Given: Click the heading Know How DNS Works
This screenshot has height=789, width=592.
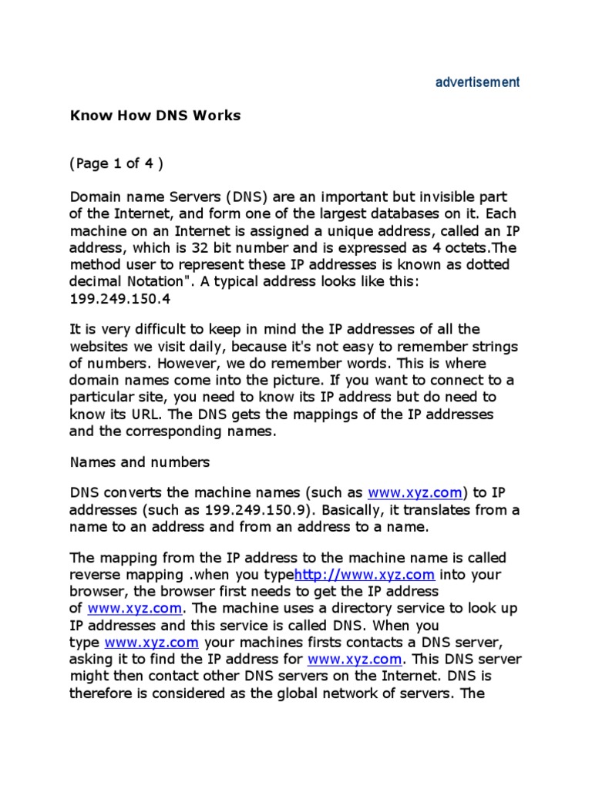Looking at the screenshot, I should tap(156, 116).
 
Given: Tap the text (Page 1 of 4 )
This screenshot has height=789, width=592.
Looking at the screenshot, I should tap(116, 163).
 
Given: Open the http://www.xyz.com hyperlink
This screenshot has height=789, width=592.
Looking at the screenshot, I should tap(365, 575).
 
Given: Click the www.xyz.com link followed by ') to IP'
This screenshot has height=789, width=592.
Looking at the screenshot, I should tap(415, 492).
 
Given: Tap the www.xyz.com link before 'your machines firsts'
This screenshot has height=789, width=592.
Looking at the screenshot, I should tap(152, 642).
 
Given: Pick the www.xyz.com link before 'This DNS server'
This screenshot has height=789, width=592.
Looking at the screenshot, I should tap(355, 659).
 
